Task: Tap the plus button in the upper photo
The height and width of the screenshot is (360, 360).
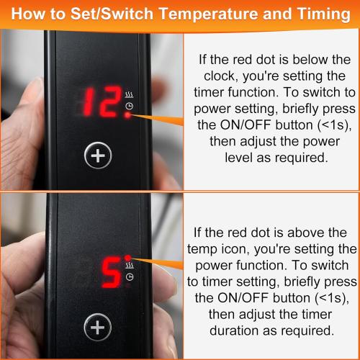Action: pyautogui.click(x=98, y=156)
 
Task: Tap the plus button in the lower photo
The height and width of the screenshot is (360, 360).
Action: pyautogui.click(x=98, y=327)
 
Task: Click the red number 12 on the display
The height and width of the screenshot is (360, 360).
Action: pyautogui.click(x=102, y=102)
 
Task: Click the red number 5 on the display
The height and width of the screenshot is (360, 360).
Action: pyautogui.click(x=112, y=273)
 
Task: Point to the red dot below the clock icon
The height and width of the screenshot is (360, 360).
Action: pyautogui.click(x=128, y=116)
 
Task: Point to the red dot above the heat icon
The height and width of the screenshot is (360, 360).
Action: pyautogui.click(x=128, y=258)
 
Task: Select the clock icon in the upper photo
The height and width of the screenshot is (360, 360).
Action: pyautogui.click(x=130, y=106)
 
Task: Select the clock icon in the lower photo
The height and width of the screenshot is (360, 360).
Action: pyautogui.click(x=130, y=277)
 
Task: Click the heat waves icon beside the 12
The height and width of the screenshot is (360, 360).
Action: pyautogui.click(x=129, y=95)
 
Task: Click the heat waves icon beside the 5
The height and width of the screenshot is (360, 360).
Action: pyautogui.click(x=130, y=266)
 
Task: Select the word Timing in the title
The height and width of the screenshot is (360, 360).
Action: pyautogui.click(x=324, y=14)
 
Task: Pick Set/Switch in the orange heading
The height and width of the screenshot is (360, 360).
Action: pyautogui.click(x=112, y=14)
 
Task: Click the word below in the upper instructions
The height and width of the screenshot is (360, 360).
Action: pyautogui.click(x=310, y=59)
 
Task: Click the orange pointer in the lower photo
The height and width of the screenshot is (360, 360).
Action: pyautogui.click(x=157, y=264)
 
